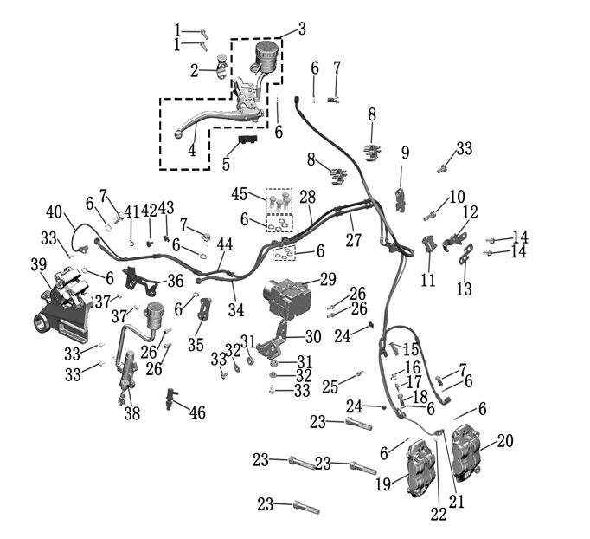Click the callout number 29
pos(327,279)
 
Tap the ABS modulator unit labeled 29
pos(290,295)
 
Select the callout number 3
pos(301,29)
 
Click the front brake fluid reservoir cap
pos(267,44)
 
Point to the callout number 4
pos(192,149)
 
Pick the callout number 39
pos(37,264)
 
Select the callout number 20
pos(504,441)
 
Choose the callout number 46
pos(197,412)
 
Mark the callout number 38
pos(131,414)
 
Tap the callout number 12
pos(470,212)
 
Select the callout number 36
pos(175,281)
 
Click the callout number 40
pos(54,212)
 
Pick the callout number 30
pos(312,337)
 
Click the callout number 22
pos(439,513)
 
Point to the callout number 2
pos(195,68)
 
